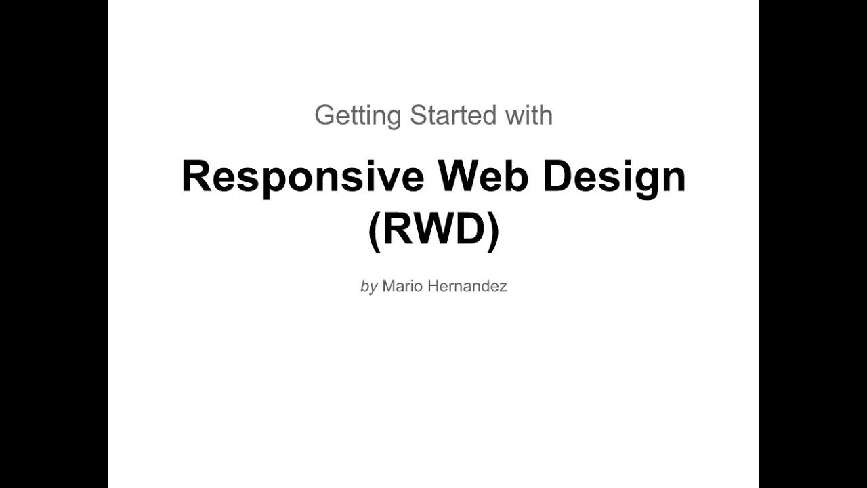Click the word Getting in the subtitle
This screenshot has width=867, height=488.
(x=358, y=116)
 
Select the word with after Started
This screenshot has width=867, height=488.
(x=528, y=115)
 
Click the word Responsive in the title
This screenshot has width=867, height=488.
(x=303, y=178)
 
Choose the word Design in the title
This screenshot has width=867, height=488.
(x=614, y=178)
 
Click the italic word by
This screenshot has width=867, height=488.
(x=368, y=287)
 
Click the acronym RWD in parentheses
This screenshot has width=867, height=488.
(x=433, y=230)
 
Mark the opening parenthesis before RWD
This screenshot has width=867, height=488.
(x=374, y=231)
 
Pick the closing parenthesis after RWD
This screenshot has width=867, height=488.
(x=493, y=231)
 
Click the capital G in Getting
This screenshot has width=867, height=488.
(x=324, y=115)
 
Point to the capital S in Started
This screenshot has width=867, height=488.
(x=418, y=115)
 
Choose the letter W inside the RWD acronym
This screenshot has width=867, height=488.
(x=433, y=230)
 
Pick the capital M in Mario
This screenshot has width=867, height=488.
(x=388, y=286)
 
